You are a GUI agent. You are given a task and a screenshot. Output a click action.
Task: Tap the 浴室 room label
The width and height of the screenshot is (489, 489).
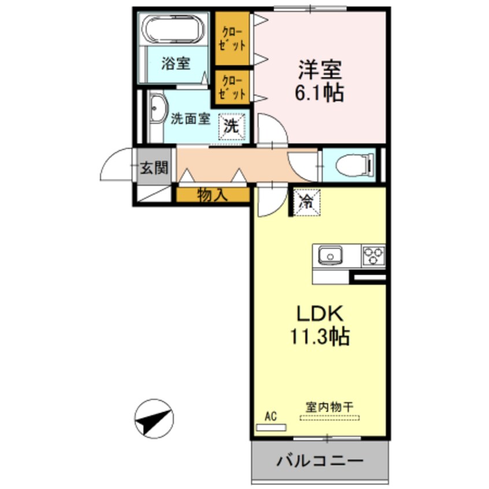coord(175,64)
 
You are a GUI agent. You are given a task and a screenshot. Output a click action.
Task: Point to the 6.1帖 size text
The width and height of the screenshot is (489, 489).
coord(320,93)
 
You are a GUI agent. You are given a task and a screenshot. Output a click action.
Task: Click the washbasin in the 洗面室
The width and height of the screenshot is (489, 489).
coord(155,113)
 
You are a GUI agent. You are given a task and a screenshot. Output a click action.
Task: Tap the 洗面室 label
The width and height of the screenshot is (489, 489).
coord(190,119)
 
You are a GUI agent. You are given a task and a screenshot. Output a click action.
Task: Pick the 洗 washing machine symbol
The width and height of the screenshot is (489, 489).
coord(232,127)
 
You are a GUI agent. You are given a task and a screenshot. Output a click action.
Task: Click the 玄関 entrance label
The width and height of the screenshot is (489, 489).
coord(154,168)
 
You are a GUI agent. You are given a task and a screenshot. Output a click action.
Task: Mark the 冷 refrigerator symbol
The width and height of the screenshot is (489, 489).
coord(306,202)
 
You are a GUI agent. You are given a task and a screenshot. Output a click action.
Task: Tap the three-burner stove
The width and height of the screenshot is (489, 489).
coord(373,255)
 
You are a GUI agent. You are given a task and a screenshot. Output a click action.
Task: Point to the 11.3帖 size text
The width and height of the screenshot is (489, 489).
coord(321,336)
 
